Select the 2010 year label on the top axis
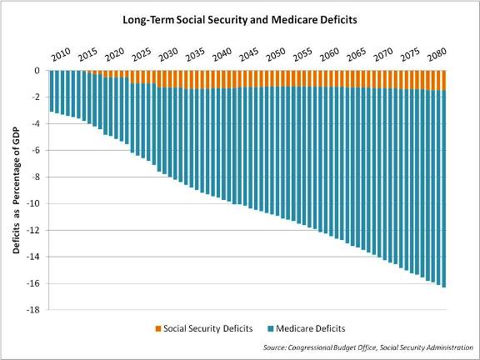pos(60,56)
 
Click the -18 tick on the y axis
pos(35,310)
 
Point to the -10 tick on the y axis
pos(35,203)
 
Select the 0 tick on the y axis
pos(37,71)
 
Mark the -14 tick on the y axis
pos(35,257)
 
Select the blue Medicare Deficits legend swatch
pos(270,328)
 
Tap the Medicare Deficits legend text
pos(311,328)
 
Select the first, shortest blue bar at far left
pos(52,91)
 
